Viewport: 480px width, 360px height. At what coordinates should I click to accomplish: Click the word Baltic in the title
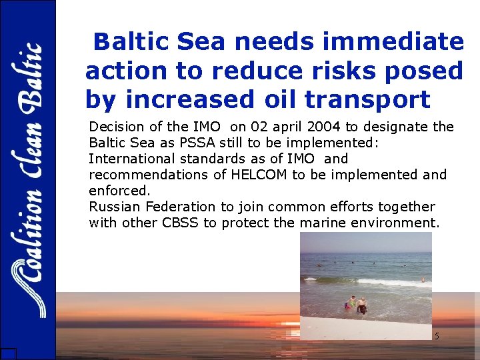tap(131, 42)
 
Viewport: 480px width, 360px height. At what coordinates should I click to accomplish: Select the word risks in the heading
tap(345, 71)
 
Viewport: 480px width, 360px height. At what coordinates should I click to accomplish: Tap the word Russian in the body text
tap(113, 207)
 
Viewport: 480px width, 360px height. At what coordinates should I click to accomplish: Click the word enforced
tap(120, 191)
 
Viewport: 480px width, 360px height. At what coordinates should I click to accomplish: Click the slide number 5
tap(437, 337)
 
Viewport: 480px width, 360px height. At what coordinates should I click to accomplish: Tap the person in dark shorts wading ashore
tap(362, 306)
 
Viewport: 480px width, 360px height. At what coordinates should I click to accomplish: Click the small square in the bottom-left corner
tap(8, 354)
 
